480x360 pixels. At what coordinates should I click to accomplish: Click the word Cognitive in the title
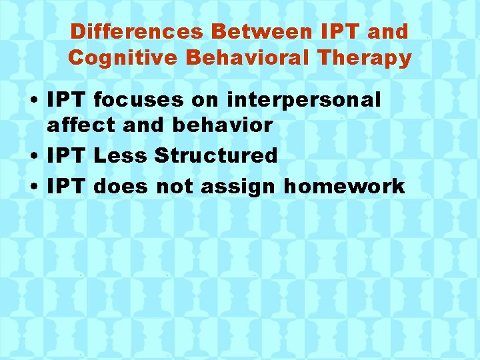coord(122,58)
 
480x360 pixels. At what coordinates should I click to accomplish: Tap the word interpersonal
coord(303,101)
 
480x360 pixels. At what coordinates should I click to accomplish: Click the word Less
coord(120,156)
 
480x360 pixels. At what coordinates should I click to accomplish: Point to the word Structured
coord(215,156)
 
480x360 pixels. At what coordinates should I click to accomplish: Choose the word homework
coord(344,187)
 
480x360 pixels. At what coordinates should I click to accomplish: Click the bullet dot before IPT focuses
coord(33,101)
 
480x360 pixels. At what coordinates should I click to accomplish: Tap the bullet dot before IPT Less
coord(33,157)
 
